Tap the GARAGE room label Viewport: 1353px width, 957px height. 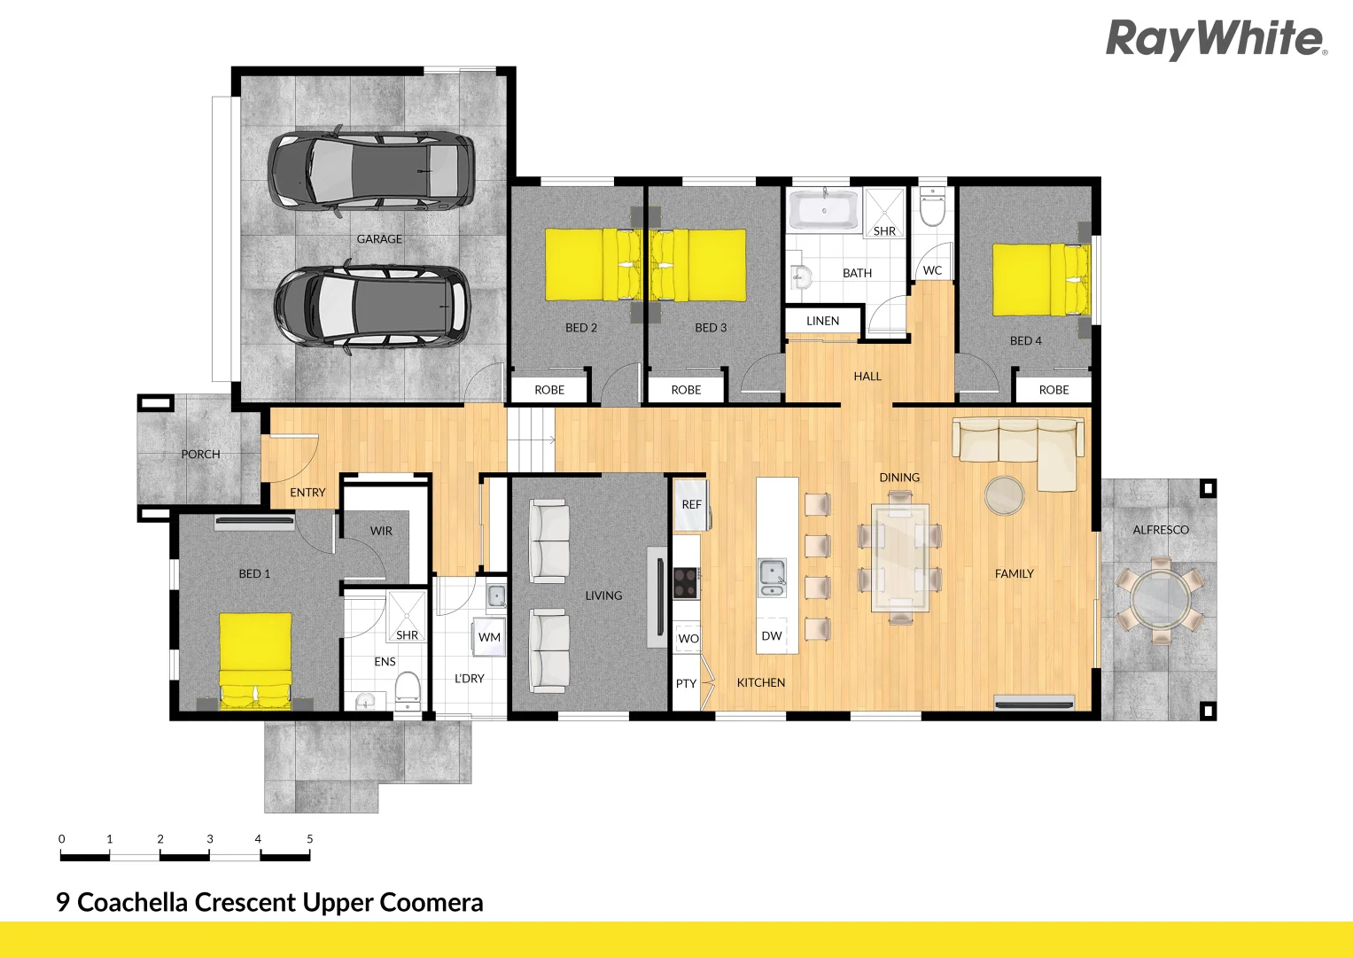pyautogui.click(x=379, y=239)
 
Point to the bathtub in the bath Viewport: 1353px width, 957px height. pyautogui.click(x=824, y=211)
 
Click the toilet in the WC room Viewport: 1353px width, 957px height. pyautogui.click(x=932, y=207)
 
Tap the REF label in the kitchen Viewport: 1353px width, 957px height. pyautogui.click(x=691, y=504)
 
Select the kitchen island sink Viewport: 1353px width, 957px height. pyautogui.click(x=772, y=577)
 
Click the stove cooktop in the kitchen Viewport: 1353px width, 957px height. pyautogui.click(x=686, y=582)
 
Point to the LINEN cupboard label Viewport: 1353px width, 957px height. pyautogui.click(x=822, y=321)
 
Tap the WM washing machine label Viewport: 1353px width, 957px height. pyautogui.click(x=489, y=637)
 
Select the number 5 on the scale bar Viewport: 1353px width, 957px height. pyautogui.click(x=309, y=838)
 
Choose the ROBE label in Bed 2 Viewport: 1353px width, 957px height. pyautogui.click(x=549, y=390)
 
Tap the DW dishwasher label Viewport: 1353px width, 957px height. pyautogui.click(x=772, y=636)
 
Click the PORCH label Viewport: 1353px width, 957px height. pyautogui.click(x=200, y=454)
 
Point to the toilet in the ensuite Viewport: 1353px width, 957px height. pyautogui.click(x=407, y=689)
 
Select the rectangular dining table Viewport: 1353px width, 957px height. pyautogui.click(x=900, y=558)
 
